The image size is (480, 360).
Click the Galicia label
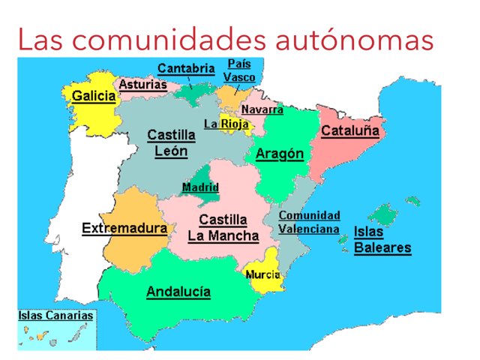94,96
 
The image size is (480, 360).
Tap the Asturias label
142,85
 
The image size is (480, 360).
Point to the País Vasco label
239,70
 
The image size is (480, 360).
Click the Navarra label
262,109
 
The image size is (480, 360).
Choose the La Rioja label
226,124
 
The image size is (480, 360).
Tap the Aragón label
280,154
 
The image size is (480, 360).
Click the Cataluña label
349,131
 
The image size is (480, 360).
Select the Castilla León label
171,142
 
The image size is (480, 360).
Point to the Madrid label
200,187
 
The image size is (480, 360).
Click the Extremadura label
124,228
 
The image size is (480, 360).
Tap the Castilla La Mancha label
223,228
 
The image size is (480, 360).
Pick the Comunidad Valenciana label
309,223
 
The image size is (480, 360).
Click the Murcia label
263,274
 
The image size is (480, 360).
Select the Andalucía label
178,292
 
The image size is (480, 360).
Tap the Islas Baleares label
382,240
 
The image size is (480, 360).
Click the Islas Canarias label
55,316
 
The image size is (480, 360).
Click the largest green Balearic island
383,214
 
